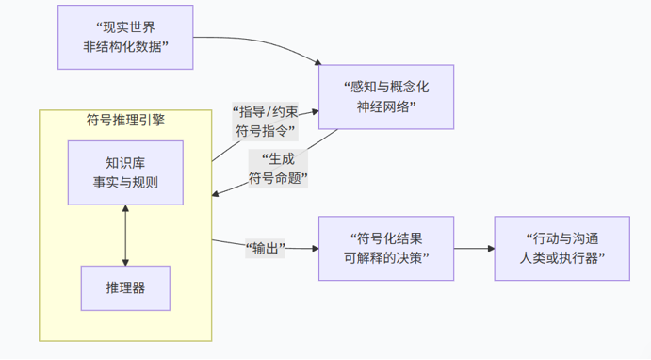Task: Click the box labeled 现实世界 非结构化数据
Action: tap(125, 37)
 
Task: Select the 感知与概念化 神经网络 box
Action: tap(386, 97)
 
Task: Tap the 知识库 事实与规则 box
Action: tap(125, 172)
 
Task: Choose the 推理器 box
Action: tap(125, 288)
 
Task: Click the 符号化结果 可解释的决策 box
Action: tap(386, 248)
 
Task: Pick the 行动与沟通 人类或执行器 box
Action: tap(562, 248)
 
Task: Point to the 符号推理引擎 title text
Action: tap(125, 120)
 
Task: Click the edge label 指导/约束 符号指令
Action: tap(265, 122)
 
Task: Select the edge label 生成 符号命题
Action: tap(278, 169)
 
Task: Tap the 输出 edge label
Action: tap(266, 248)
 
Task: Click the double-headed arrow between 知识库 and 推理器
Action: tap(125, 236)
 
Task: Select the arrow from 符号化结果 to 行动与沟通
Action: tap(474, 248)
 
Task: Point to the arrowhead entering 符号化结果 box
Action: tap(316, 248)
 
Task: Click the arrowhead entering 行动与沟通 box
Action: tap(491, 248)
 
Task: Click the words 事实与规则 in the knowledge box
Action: tap(125, 183)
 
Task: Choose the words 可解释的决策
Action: tap(382, 258)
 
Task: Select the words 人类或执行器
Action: tap(559, 258)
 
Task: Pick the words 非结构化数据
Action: tap(122, 46)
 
